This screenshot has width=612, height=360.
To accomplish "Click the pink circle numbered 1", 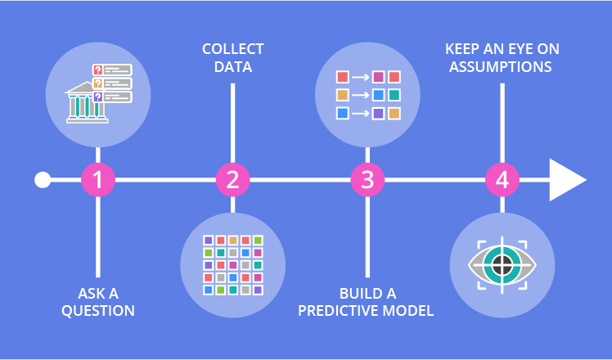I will [x=98, y=180].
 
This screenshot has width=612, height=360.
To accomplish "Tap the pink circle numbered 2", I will [x=232, y=180].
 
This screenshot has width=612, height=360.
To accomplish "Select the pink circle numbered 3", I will [x=367, y=180].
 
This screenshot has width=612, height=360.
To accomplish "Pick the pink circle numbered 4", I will [x=502, y=180].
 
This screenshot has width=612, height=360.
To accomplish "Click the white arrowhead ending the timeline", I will [x=565, y=180].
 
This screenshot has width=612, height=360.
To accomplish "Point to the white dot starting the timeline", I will [x=43, y=180].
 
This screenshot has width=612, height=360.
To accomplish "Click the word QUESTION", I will [x=98, y=310].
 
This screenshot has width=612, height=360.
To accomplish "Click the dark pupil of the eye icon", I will [x=502, y=264].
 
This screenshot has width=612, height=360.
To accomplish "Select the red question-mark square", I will [x=99, y=70].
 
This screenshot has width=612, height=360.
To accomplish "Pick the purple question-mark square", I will [x=99, y=97].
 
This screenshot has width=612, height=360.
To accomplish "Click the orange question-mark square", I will [x=99, y=83].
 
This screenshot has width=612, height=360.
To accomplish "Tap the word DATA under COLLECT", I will [x=233, y=67].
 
